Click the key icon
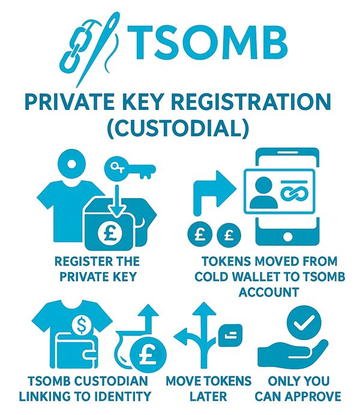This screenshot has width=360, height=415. tap(130, 169)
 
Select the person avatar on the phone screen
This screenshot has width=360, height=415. tap(263, 192)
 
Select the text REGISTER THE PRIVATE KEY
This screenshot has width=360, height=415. tap(97, 268)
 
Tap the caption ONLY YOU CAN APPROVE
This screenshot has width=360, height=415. tap(298, 388)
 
